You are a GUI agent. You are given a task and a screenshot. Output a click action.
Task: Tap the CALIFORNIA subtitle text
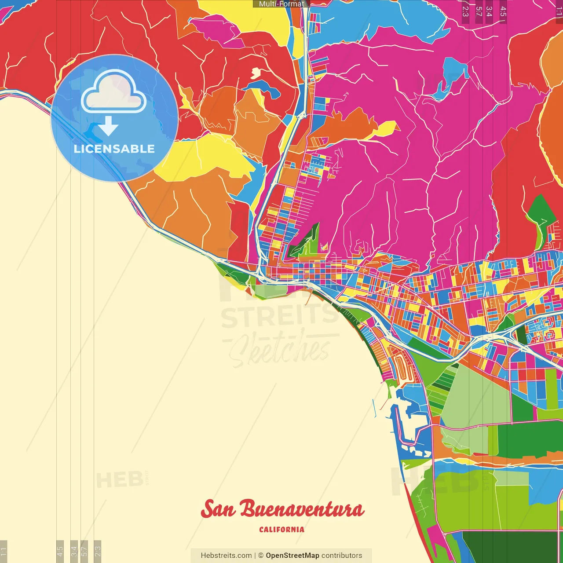pyautogui.click(x=281, y=530)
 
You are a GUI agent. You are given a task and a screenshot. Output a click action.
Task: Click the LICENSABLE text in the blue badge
pyautogui.click(x=114, y=149)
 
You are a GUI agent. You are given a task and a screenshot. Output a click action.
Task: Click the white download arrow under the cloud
pyautogui.click(x=108, y=127)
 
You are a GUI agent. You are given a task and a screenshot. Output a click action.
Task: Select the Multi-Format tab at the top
pyautogui.click(x=281, y=4)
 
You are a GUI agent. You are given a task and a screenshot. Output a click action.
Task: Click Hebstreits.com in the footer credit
pyautogui.click(x=226, y=556)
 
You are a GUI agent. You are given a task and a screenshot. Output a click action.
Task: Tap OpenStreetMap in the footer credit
pyautogui.click(x=292, y=556)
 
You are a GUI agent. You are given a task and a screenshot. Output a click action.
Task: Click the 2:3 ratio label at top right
pyautogui.click(x=465, y=11)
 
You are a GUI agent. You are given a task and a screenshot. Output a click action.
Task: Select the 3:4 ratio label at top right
pyautogui.click(x=489, y=11)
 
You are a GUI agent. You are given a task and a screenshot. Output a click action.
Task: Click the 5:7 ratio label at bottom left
pyautogui.click(x=84, y=550)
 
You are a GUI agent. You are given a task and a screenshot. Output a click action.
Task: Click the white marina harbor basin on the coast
pyautogui.click(x=411, y=422)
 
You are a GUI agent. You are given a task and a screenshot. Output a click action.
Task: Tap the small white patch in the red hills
pyautogui.click(x=256, y=72)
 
